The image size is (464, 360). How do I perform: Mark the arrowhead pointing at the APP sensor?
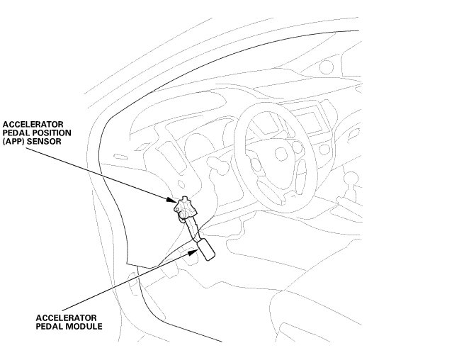pos(171,201)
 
